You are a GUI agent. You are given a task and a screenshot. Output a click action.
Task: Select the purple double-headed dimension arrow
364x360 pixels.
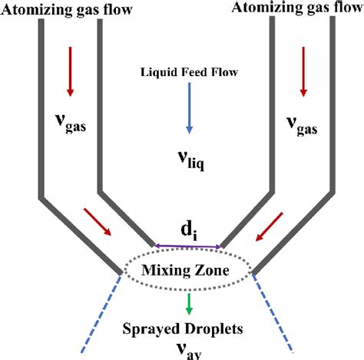[187, 246]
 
